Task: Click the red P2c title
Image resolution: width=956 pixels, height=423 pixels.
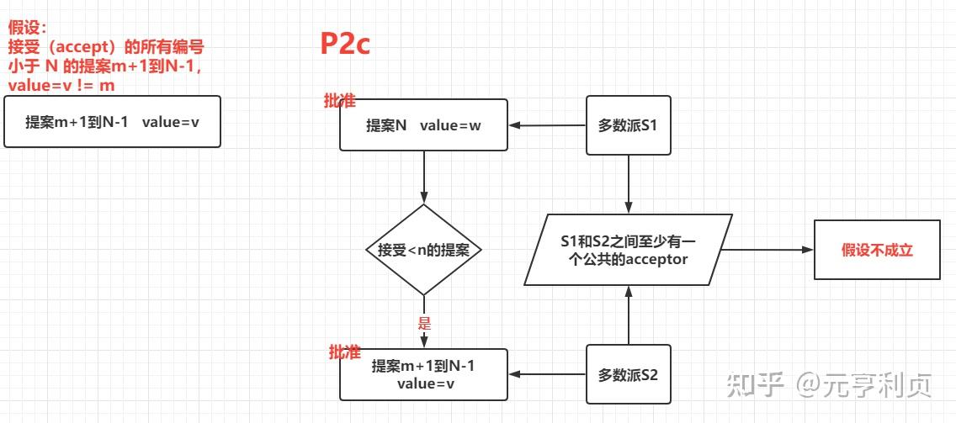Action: click(345, 44)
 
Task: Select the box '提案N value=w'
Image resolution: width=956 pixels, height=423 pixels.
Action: click(423, 125)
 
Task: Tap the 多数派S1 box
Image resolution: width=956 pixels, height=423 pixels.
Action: click(628, 125)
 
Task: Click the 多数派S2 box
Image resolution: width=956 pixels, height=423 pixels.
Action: click(628, 374)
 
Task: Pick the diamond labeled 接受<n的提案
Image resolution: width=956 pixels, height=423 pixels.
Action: click(423, 250)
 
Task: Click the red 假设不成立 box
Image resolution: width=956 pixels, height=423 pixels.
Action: click(877, 250)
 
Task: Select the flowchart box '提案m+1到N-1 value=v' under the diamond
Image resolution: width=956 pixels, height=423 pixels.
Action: click(423, 374)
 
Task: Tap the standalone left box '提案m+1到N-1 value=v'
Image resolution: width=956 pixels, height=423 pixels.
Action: click(112, 121)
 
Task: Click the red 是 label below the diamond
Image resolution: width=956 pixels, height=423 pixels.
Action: click(424, 323)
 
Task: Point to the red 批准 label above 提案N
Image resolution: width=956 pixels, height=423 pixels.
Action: click(340, 101)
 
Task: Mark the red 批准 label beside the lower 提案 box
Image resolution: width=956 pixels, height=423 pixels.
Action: click(344, 352)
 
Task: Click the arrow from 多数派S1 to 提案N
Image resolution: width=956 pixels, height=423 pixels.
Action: click(547, 125)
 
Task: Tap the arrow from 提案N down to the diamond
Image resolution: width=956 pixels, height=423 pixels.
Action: click(423, 177)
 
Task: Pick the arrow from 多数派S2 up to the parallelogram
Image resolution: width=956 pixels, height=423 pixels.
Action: click(628, 315)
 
